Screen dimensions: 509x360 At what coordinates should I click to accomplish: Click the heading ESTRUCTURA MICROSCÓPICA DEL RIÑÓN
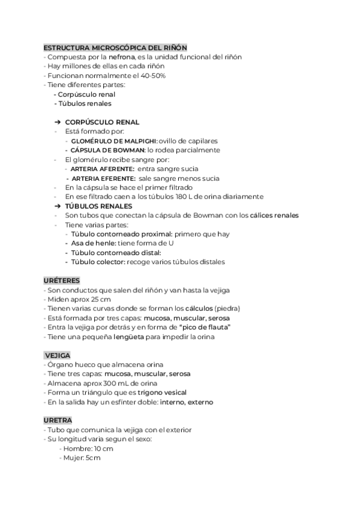coord(115,47)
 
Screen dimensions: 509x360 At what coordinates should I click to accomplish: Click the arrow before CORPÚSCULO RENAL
coord(58,122)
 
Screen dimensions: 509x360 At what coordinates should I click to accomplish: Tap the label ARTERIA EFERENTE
coord(103,178)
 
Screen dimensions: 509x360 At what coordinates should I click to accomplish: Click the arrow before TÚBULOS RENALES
coord(58,206)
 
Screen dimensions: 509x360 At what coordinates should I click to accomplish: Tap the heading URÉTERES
coord(62,280)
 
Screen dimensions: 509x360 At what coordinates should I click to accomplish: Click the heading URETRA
coord(58,420)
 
